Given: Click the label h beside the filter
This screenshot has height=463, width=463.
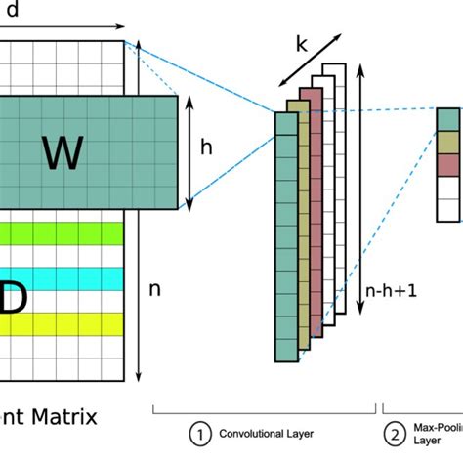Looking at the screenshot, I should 206,147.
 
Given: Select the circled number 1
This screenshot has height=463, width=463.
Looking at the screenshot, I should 199,433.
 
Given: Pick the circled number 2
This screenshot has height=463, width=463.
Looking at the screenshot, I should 396,433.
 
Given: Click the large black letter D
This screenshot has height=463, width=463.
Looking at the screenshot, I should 12,301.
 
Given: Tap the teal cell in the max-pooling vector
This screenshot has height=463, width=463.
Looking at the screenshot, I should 447,118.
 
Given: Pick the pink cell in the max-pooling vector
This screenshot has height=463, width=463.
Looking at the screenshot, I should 447,163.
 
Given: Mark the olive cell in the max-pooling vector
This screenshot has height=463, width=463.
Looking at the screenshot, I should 447,141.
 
